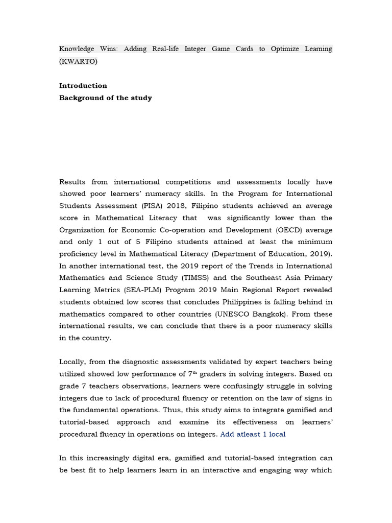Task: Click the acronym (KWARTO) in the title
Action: click(78, 61)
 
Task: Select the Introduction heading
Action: click(83, 86)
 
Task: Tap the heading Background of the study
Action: click(106, 98)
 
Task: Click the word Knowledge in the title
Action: click(77, 49)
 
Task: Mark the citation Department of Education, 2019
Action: click(271, 254)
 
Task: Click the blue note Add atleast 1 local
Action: click(253, 434)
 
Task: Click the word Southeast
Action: click(261, 278)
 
